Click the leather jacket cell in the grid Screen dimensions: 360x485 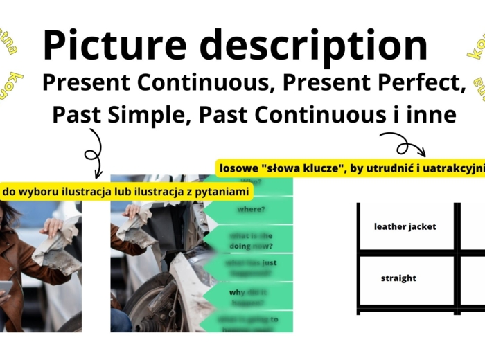[x=405, y=226]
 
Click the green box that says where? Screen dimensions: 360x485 [x=251, y=208]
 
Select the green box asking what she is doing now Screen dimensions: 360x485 [x=251, y=240]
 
